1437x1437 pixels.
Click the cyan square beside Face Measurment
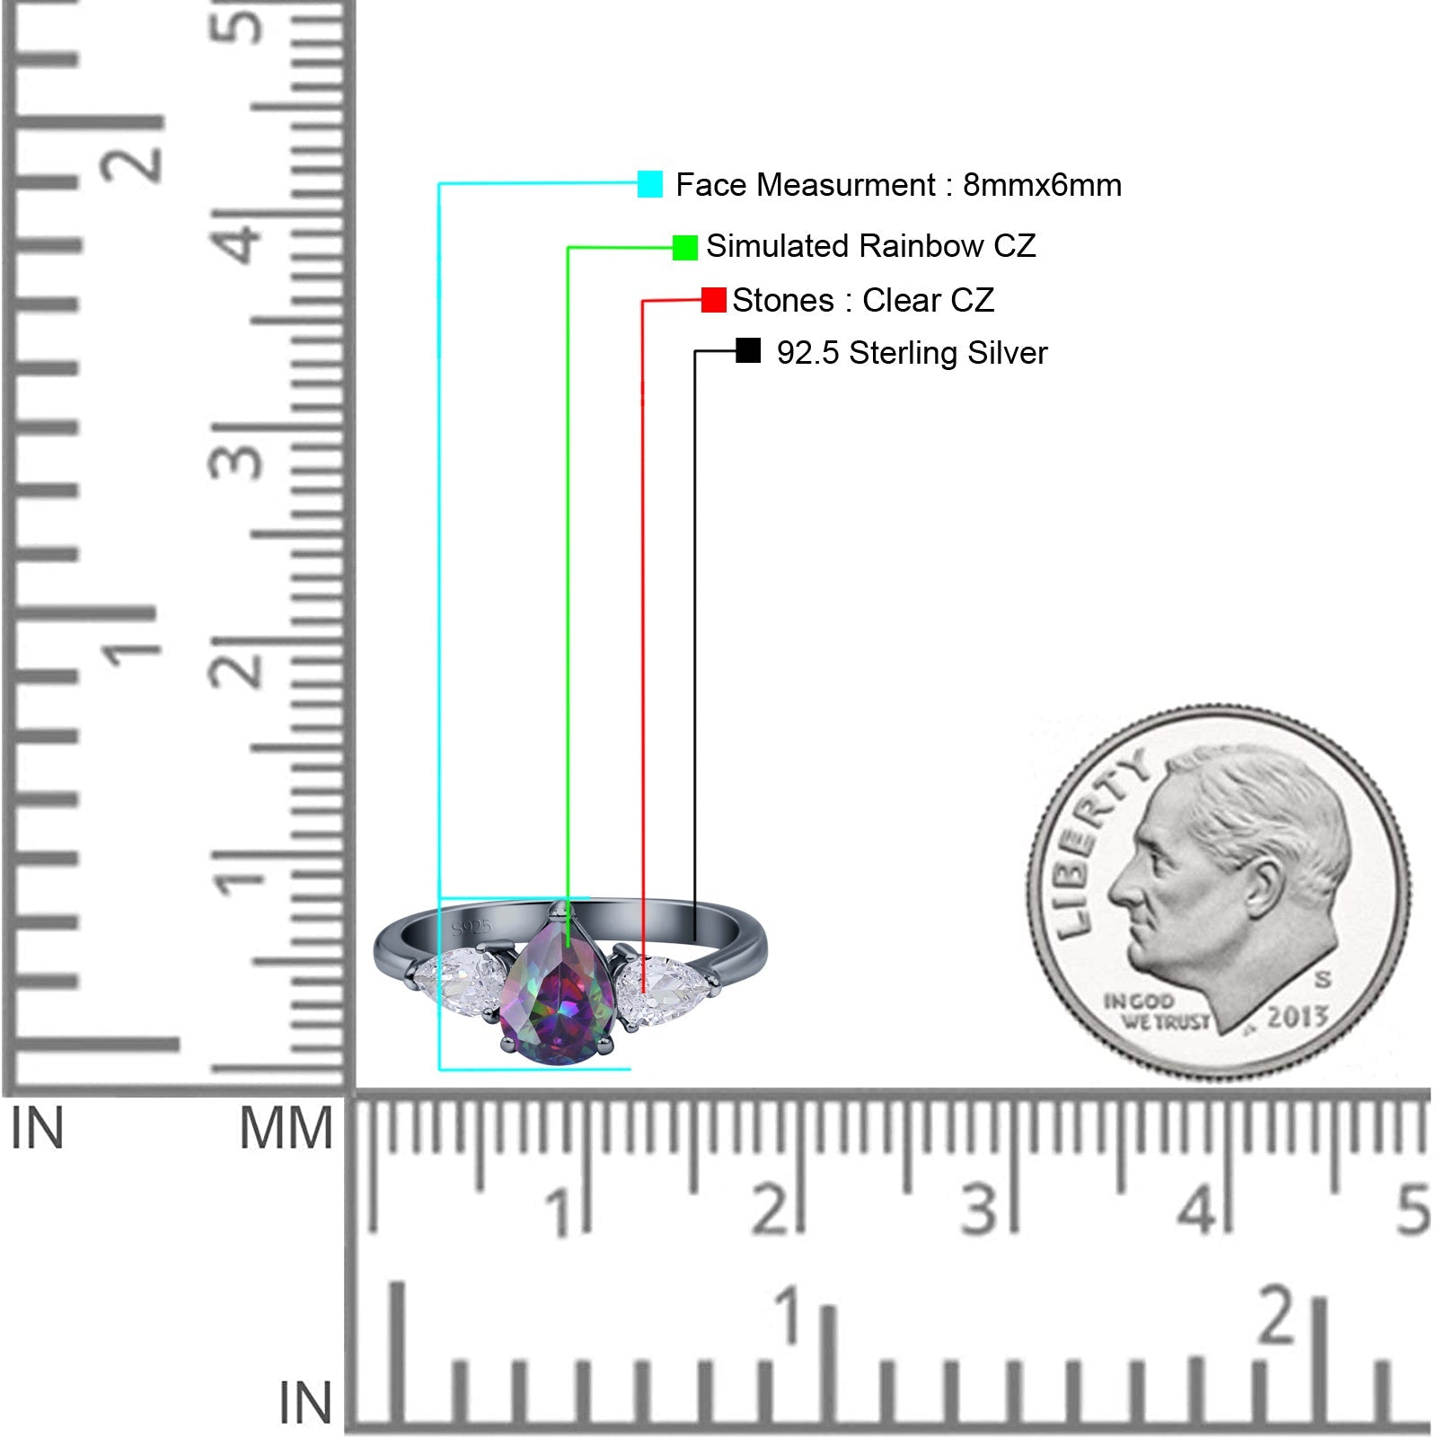650,184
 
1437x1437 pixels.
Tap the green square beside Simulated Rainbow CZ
685,247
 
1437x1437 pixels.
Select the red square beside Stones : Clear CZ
714,300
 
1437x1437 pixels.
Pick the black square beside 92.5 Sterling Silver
748,350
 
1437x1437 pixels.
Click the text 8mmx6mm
1042,185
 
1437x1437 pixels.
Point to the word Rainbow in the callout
921,246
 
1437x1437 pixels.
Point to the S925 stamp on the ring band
472,927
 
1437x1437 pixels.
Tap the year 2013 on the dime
1297,1016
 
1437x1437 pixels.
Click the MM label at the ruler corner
286,1128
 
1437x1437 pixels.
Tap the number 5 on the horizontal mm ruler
1413,1209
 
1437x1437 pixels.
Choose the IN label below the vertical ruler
37,1128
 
